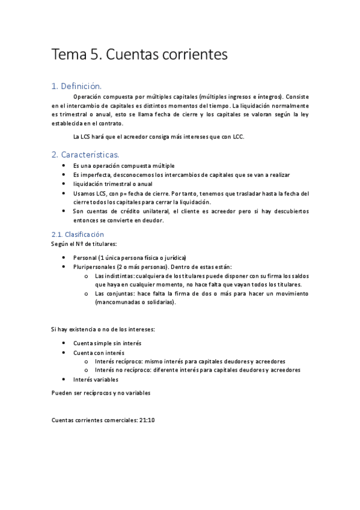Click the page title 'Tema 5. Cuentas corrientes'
[x=139, y=55]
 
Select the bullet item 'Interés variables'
[x=96, y=379]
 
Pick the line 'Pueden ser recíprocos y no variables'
[x=100, y=392]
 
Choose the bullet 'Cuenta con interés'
[x=99, y=352]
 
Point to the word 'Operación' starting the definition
[x=86, y=97]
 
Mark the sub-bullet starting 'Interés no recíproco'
[x=197, y=370]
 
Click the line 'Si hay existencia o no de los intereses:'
[x=103, y=330]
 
